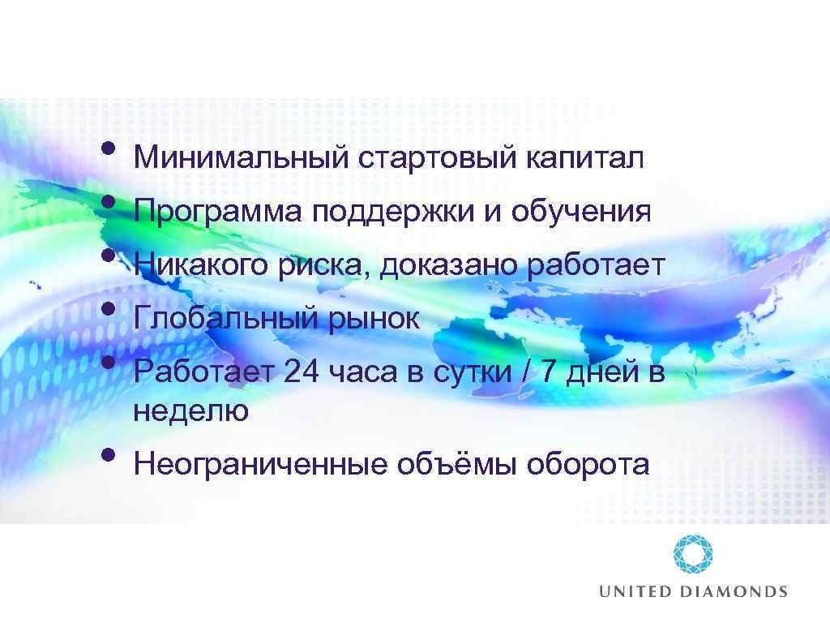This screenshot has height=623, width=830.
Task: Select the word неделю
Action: [191, 411]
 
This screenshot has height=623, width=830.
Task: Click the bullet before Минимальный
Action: [109, 149]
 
